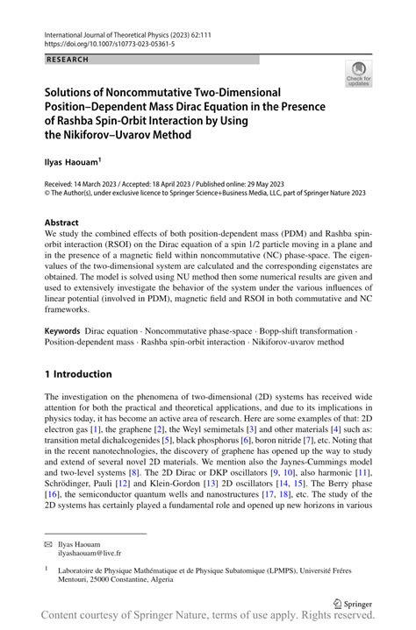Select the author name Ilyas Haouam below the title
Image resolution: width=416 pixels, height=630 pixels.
pyautogui.click(x=73, y=161)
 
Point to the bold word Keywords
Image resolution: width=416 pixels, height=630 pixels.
pyautogui.click(x=63, y=334)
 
